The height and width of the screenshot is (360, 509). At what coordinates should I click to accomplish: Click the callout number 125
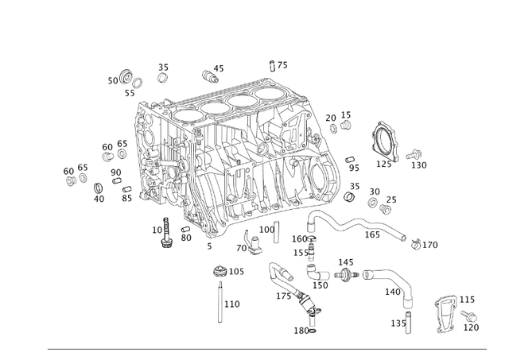click(x=384, y=165)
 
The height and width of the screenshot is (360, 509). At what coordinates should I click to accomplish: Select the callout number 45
click(x=219, y=69)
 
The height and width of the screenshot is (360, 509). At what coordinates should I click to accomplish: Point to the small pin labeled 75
click(x=272, y=66)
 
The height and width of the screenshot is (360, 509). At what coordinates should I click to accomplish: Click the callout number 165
click(x=372, y=234)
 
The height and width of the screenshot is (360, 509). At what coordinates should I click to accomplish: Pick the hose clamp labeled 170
click(x=417, y=243)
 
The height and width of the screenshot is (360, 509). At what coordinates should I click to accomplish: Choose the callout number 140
click(x=393, y=292)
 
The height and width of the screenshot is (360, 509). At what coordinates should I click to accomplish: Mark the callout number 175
click(x=284, y=296)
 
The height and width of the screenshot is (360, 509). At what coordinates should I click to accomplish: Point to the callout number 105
click(x=236, y=272)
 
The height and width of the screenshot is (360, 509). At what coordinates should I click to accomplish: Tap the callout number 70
click(x=241, y=248)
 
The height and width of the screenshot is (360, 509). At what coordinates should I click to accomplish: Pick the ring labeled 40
click(x=99, y=188)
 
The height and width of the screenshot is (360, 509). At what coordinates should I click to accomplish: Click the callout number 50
click(x=113, y=80)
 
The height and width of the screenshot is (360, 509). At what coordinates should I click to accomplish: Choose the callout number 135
click(x=398, y=323)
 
